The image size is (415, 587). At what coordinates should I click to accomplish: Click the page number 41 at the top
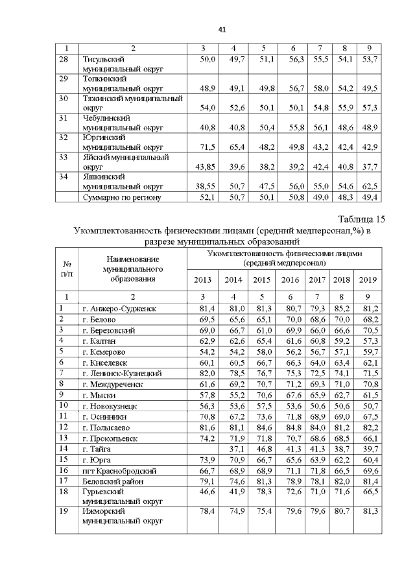tap(221, 29)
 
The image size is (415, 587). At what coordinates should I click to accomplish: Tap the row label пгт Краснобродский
tap(117, 470)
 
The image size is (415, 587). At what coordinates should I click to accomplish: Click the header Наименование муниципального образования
tap(132, 269)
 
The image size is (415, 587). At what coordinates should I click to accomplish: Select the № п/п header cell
tap(66, 269)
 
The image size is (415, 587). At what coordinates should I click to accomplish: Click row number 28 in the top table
tap(64, 59)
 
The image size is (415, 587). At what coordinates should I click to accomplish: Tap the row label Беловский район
tap(113, 481)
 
